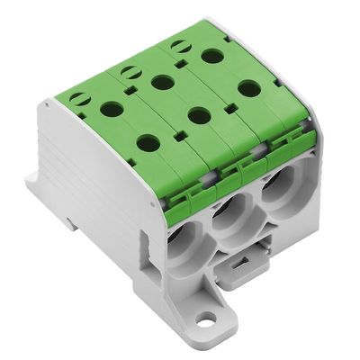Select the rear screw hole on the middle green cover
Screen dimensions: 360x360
pyautogui.click(x=163, y=83)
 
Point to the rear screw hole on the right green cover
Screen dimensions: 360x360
pyautogui.click(x=212, y=56)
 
